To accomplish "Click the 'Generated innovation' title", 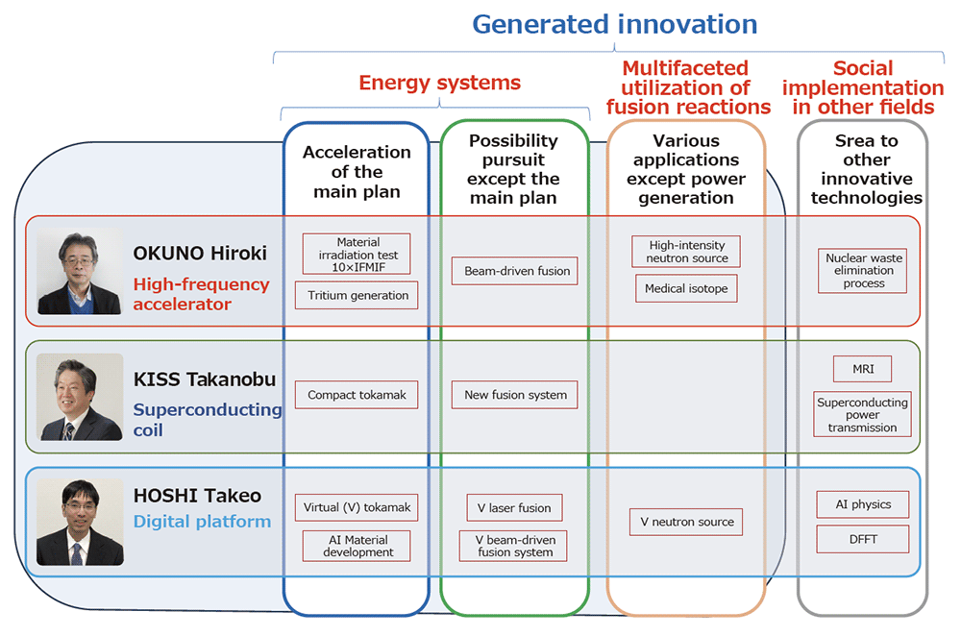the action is coord(615,25).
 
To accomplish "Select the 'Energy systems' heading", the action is coord(439,83).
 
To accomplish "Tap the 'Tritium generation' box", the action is coord(357,295).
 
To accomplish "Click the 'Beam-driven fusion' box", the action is coord(515,271).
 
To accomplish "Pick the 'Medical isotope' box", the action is coord(686,288).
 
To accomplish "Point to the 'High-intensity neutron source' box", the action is coord(686,251).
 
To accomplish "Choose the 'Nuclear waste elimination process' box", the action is coord(863,270).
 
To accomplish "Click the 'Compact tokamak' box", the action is coord(357,395).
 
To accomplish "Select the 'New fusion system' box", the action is coord(515,395).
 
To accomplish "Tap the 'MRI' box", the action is coord(863,369).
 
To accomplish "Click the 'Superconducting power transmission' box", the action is coord(863,414).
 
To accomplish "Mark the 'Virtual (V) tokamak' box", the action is coord(357,507).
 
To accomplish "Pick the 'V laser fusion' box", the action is coord(514,507).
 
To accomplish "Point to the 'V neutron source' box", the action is coord(686,522).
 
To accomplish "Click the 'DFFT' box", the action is coord(863,539).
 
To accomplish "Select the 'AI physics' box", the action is coord(863,504).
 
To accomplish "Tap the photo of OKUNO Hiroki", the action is coord(80,272).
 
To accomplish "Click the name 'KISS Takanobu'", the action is coord(205,379).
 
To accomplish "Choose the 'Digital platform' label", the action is coord(202,522).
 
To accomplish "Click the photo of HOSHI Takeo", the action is coord(80,522).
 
